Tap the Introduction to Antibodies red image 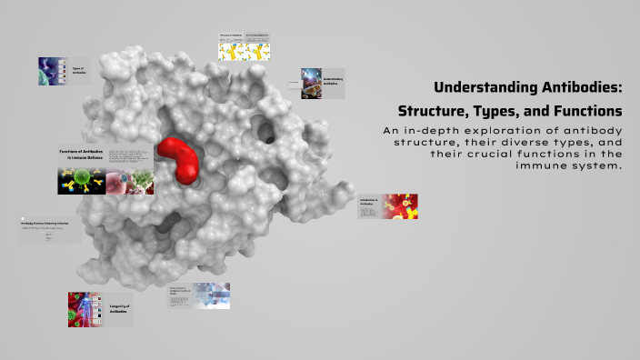click(399, 207)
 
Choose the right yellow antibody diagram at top click(258, 51)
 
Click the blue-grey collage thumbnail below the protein click(209, 295)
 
